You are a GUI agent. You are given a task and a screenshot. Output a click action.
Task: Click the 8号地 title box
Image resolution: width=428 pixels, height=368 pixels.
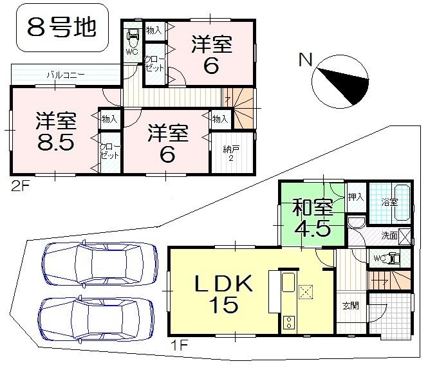click(62, 28)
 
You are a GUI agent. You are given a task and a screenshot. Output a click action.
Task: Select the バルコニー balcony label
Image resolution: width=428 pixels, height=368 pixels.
click(65, 75)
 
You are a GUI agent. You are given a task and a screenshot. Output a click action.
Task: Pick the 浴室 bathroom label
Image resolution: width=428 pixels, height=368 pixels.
click(389, 202)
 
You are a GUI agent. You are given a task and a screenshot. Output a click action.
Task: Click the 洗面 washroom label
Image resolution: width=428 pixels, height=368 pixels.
click(389, 235)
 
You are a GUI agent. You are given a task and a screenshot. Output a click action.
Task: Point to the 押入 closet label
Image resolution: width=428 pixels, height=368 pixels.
click(356, 196)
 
